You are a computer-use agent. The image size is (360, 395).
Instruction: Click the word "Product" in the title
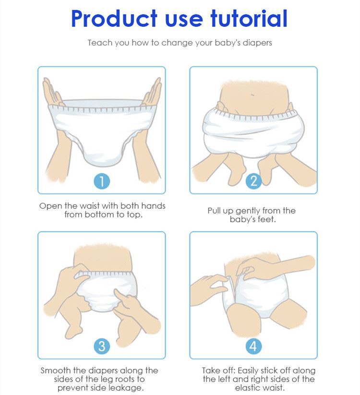114,19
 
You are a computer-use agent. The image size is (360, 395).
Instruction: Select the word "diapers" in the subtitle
257,43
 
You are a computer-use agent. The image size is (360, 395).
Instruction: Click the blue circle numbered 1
102,181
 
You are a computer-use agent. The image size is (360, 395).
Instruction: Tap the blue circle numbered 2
254,180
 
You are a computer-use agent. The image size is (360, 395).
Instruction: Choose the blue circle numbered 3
102,346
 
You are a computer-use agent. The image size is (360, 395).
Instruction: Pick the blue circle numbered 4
254,346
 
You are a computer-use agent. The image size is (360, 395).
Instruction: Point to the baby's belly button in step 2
252,95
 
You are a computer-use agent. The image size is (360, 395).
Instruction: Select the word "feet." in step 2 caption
267,219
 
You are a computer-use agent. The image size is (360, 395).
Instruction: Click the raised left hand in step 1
52,92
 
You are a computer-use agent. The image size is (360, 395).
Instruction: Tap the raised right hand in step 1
152,92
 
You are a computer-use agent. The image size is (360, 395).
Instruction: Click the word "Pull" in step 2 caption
214,211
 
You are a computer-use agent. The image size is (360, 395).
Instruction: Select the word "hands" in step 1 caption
153,206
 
